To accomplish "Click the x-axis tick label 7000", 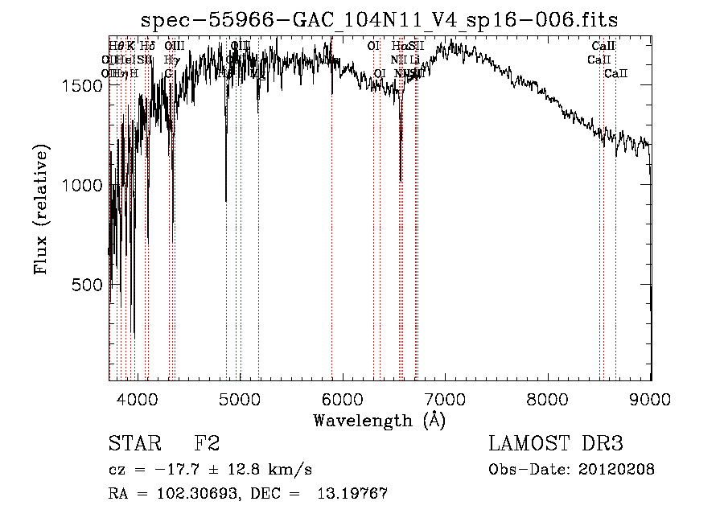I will point(445,400).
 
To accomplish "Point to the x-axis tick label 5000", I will point(240,400).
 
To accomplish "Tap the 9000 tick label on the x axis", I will point(650,400).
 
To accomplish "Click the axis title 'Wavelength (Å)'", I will point(379,420).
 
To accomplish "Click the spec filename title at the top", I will point(379,19).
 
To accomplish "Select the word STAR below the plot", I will point(134,445).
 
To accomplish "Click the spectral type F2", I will point(207,445).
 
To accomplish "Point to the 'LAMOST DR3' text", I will point(556,445).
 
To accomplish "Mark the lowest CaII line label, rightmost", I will point(615,74).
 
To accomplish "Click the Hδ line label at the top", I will point(147,46).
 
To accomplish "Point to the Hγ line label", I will point(171,60).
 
